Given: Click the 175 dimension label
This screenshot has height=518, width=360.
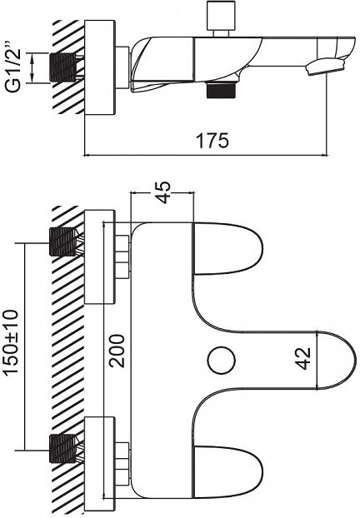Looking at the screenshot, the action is pos(212,141).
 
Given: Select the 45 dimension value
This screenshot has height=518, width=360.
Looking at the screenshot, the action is pos(163,192).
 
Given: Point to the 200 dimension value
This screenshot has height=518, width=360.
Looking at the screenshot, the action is pos(117,351).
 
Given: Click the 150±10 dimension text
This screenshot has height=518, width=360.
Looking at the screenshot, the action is pos(11,347).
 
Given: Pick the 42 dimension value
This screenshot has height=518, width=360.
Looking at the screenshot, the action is pos(303,358).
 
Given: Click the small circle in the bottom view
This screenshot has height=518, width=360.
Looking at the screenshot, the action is pos(222,359).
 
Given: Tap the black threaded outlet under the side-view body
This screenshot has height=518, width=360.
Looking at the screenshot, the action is pos(222,90).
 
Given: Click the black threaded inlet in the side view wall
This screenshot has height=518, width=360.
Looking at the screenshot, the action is pos(63,67).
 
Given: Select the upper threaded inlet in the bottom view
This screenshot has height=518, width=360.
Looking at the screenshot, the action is pos(62,242).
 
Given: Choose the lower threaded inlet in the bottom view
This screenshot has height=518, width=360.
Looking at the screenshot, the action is pos(62,449).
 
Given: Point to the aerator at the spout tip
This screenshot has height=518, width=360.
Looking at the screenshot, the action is pos(324,67).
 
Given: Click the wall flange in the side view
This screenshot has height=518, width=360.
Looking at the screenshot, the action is pos(100,67).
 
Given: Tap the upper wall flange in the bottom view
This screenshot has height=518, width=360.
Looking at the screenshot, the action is pos(100,257).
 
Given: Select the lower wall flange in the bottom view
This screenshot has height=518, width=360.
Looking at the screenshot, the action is pos(100,464).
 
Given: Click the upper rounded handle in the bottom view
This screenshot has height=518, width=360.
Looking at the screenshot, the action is pos(227,248).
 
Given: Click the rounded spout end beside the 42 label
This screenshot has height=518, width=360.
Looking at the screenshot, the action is pos(337,360).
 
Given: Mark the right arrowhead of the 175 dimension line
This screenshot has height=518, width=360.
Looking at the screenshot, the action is pos(324,155).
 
